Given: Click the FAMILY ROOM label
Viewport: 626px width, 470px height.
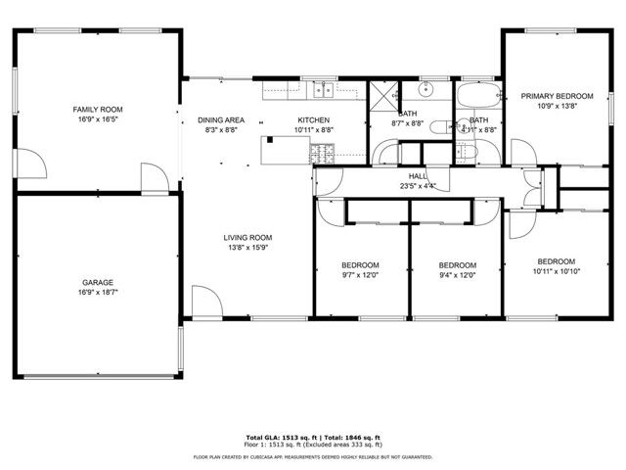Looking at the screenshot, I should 98,109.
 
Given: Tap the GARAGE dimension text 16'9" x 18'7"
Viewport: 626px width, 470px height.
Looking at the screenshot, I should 98,293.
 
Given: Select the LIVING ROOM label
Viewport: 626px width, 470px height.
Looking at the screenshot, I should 247,237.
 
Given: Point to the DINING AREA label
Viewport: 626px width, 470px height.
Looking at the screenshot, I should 221,119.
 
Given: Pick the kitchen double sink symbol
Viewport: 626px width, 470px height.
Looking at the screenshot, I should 322,91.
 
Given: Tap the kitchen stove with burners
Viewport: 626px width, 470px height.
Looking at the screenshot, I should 322,153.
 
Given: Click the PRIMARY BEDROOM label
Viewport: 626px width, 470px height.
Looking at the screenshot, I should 553,96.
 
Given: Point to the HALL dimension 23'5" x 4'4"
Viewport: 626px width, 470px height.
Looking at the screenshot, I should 411,186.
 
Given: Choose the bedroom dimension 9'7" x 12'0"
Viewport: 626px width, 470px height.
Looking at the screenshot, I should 360,275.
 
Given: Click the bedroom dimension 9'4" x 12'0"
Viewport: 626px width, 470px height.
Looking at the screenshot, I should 457,275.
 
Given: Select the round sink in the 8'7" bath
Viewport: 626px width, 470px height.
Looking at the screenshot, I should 425,91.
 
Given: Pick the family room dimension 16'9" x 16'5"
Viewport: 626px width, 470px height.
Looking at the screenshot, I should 98,118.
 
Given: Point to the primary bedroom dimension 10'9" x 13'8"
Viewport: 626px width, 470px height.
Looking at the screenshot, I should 553,106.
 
